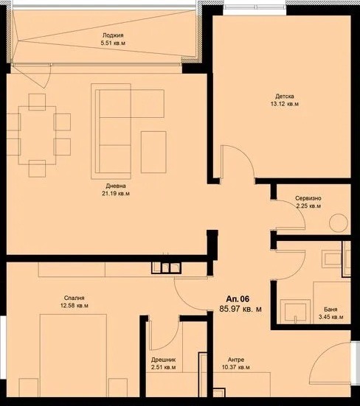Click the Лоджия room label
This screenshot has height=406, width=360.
point(113,35)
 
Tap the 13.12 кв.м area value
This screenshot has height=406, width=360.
point(284,104)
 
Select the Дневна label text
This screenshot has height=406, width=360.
point(116,186)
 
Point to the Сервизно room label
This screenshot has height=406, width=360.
point(308,198)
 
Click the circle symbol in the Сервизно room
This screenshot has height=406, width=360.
point(339,223)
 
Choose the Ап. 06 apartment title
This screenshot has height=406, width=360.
point(238,299)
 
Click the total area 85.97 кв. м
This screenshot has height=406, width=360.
point(240,309)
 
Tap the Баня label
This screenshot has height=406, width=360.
point(330,309)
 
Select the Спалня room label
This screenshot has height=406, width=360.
point(74,298)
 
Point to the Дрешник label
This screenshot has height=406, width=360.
point(164,360)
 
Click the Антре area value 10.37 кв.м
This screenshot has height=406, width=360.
point(236,368)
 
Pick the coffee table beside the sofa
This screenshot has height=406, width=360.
point(153,152)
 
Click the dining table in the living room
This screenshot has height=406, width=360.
point(37,135)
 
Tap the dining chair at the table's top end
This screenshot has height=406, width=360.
point(37,102)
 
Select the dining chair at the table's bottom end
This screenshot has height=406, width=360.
point(37,169)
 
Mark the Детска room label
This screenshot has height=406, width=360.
point(285,97)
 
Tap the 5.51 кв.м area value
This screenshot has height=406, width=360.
point(113,43)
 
